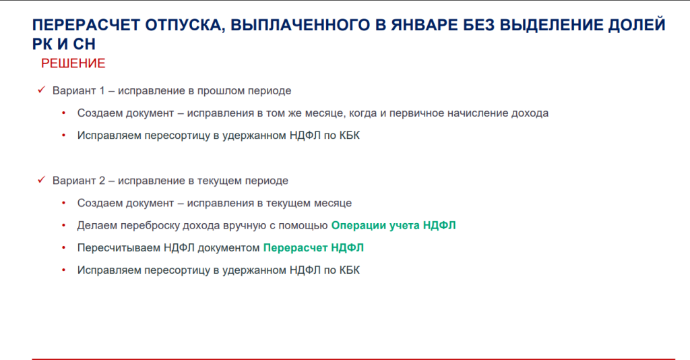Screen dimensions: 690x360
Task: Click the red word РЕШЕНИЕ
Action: click(73, 63)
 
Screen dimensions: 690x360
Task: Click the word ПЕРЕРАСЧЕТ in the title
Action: click(86, 25)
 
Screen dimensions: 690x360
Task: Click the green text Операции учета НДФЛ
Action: click(394, 225)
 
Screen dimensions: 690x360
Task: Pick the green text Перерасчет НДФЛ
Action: click(313, 248)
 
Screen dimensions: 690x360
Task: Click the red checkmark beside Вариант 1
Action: click(41, 90)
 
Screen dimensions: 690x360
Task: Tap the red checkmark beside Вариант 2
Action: click(41, 179)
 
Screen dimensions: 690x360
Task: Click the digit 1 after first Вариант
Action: click(102, 90)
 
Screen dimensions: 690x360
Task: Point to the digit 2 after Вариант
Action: click(102, 181)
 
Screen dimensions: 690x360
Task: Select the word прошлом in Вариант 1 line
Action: click(220, 90)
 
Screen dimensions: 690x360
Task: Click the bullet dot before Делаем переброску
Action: click(64, 225)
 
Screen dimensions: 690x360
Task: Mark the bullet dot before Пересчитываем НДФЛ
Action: click(64, 248)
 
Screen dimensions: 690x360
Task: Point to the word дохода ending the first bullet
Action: click(530, 113)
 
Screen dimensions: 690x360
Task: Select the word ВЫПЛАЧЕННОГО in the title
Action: click(300, 25)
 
